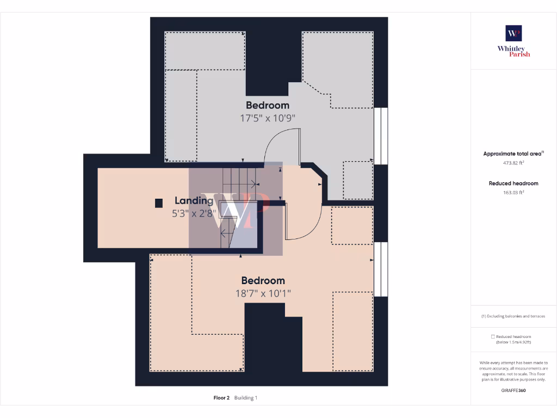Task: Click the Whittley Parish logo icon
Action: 513,33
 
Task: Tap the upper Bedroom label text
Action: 267,105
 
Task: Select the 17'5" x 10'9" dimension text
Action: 267,118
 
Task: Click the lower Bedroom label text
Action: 263,280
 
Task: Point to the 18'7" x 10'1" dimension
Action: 263,293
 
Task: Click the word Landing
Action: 194,200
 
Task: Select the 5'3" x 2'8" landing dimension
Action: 194,214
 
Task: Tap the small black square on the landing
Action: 159,203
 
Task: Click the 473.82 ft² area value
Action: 513,163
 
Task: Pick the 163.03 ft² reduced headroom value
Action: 513,192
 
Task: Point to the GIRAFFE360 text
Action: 513,390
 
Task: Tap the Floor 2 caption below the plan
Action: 221,398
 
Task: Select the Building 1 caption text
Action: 246,398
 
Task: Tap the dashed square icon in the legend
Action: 493,337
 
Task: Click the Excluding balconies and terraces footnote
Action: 513,316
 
